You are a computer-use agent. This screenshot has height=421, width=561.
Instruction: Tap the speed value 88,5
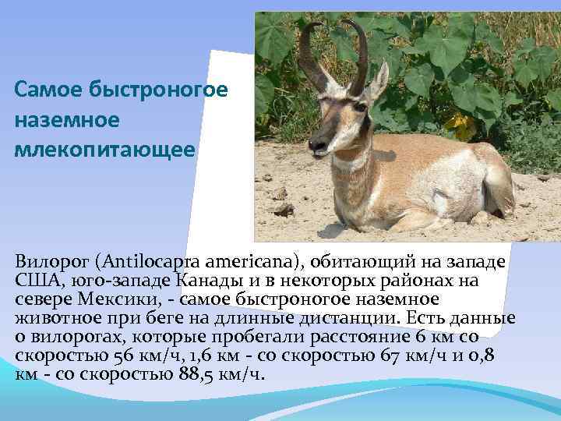189,373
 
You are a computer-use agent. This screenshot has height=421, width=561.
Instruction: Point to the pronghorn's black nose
314,144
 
